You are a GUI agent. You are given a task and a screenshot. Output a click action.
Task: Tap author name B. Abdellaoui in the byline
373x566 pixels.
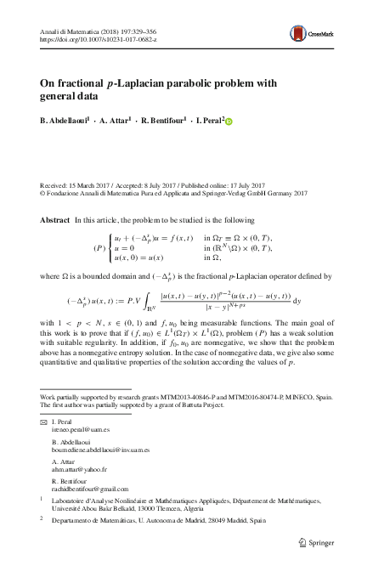click(x=69, y=121)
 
